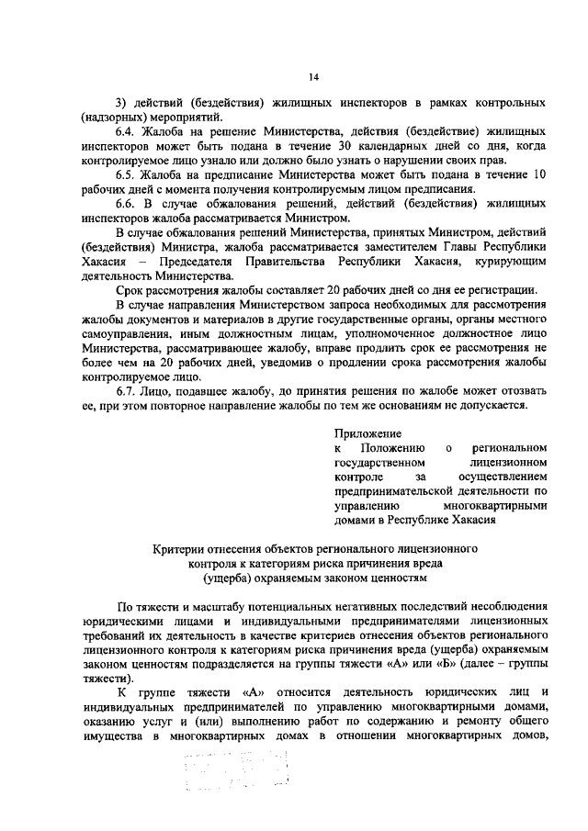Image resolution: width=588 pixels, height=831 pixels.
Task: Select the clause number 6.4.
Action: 126,132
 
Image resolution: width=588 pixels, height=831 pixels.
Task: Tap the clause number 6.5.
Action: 126,175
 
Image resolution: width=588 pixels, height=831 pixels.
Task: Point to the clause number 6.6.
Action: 126,204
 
